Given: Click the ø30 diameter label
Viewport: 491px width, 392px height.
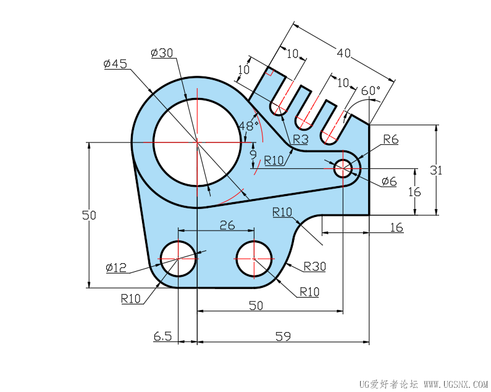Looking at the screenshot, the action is pyautogui.click(x=162, y=53).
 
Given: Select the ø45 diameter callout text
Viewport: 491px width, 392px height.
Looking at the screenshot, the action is pyautogui.click(x=115, y=63).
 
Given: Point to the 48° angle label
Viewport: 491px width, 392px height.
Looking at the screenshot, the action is pyautogui.click(x=249, y=126).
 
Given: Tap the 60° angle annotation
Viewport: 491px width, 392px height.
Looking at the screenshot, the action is pyautogui.click(x=371, y=91).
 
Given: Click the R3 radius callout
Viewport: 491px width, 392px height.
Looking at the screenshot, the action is pyautogui.click(x=300, y=139).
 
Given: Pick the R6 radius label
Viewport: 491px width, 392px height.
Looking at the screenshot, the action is pyautogui.click(x=391, y=139).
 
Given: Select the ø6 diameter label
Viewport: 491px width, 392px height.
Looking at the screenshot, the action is pyautogui.click(x=389, y=181).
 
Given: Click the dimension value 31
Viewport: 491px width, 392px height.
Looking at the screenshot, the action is pyautogui.click(x=436, y=170).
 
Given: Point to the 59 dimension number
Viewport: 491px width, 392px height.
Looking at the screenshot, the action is pyautogui.click(x=283, y=337).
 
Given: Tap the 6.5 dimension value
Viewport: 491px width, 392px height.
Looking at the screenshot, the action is pyautogui.click(x=163, y=337).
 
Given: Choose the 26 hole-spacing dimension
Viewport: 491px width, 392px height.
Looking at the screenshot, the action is pyautogui.click(x=227, y=225).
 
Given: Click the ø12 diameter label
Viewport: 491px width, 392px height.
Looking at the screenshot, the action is pyautogui.click(x=116, y=267).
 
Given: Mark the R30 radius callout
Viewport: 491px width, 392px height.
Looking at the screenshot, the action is pyautogui.click(x=315, y=267).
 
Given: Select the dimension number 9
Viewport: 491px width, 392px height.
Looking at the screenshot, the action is pyautogui.click(x=253, y=155).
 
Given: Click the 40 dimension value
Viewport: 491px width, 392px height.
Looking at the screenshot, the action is pyautogui.click(x=343, y=53).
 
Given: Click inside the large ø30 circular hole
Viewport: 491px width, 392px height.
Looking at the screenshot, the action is pyautogui.click(x=197, y=142).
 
